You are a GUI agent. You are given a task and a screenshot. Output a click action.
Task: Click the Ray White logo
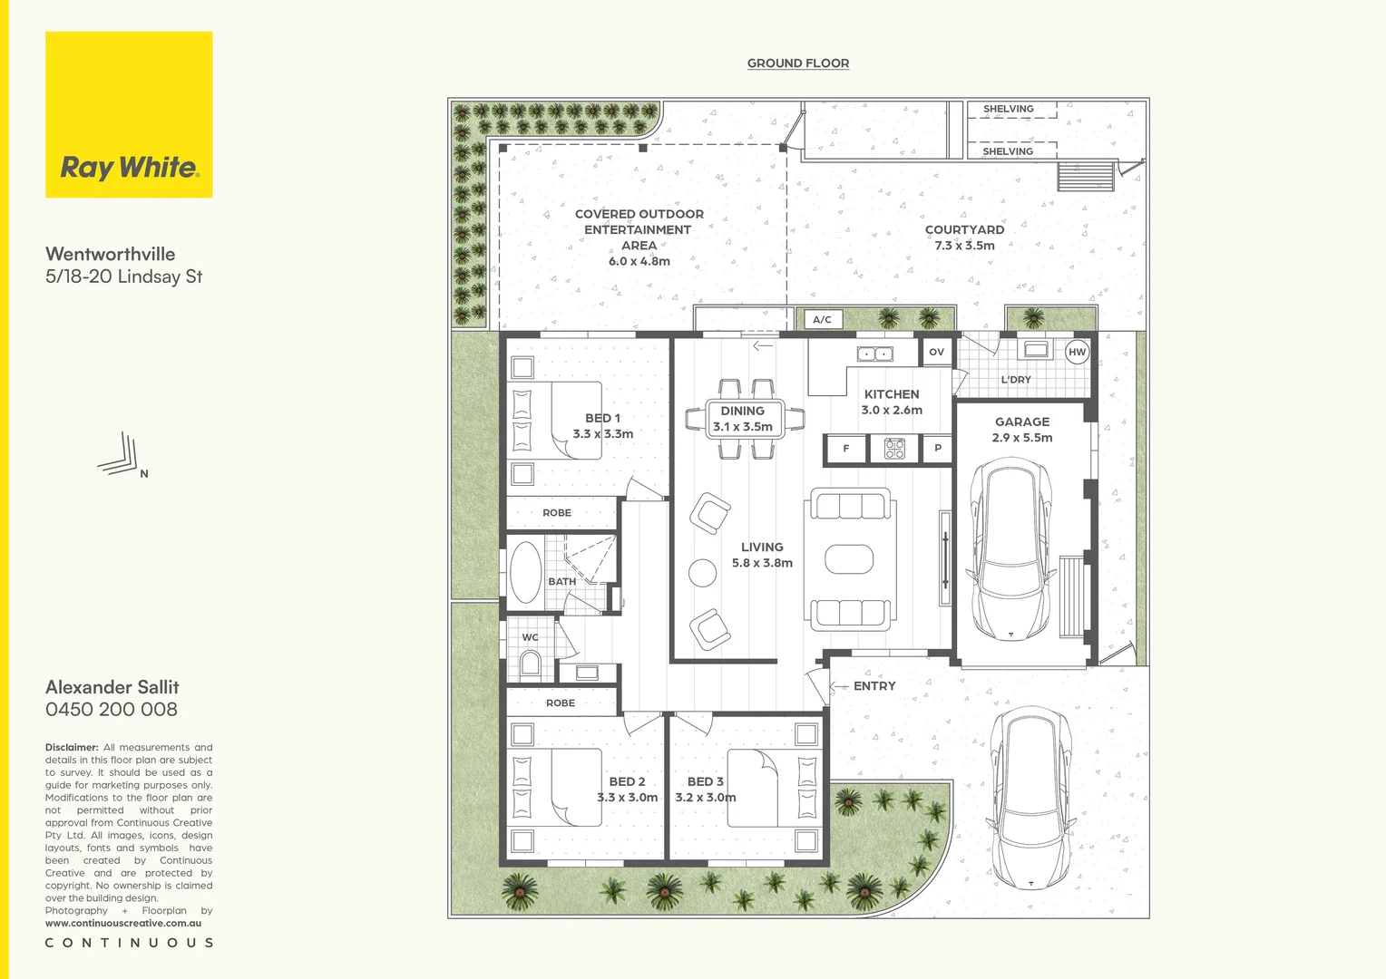129,115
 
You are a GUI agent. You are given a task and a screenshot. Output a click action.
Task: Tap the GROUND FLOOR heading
798,63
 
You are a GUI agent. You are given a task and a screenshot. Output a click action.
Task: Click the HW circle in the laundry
1077,353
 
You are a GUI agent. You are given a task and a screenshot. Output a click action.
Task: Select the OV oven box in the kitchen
936,352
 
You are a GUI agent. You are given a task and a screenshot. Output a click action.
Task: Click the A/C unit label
822,320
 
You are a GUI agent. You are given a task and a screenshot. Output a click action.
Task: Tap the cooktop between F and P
894,448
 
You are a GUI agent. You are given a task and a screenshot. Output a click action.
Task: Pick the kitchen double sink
875,354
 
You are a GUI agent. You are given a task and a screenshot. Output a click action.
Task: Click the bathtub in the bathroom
526,574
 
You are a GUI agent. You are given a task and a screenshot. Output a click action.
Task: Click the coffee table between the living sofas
849,559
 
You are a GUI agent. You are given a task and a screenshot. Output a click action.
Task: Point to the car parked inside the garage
1010,548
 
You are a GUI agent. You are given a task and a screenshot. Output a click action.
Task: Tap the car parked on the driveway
1030,798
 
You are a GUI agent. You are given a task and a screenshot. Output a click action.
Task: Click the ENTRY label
874,686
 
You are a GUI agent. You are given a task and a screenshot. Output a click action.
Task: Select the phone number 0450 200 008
112,710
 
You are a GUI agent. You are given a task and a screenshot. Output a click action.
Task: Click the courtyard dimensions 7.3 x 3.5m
964,246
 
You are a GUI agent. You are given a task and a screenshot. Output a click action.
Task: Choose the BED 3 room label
705,781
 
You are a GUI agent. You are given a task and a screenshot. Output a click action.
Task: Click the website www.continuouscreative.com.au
123,924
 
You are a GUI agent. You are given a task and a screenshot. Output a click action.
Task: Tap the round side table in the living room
702,573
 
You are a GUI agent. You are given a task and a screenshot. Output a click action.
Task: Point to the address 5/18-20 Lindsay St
124,277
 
